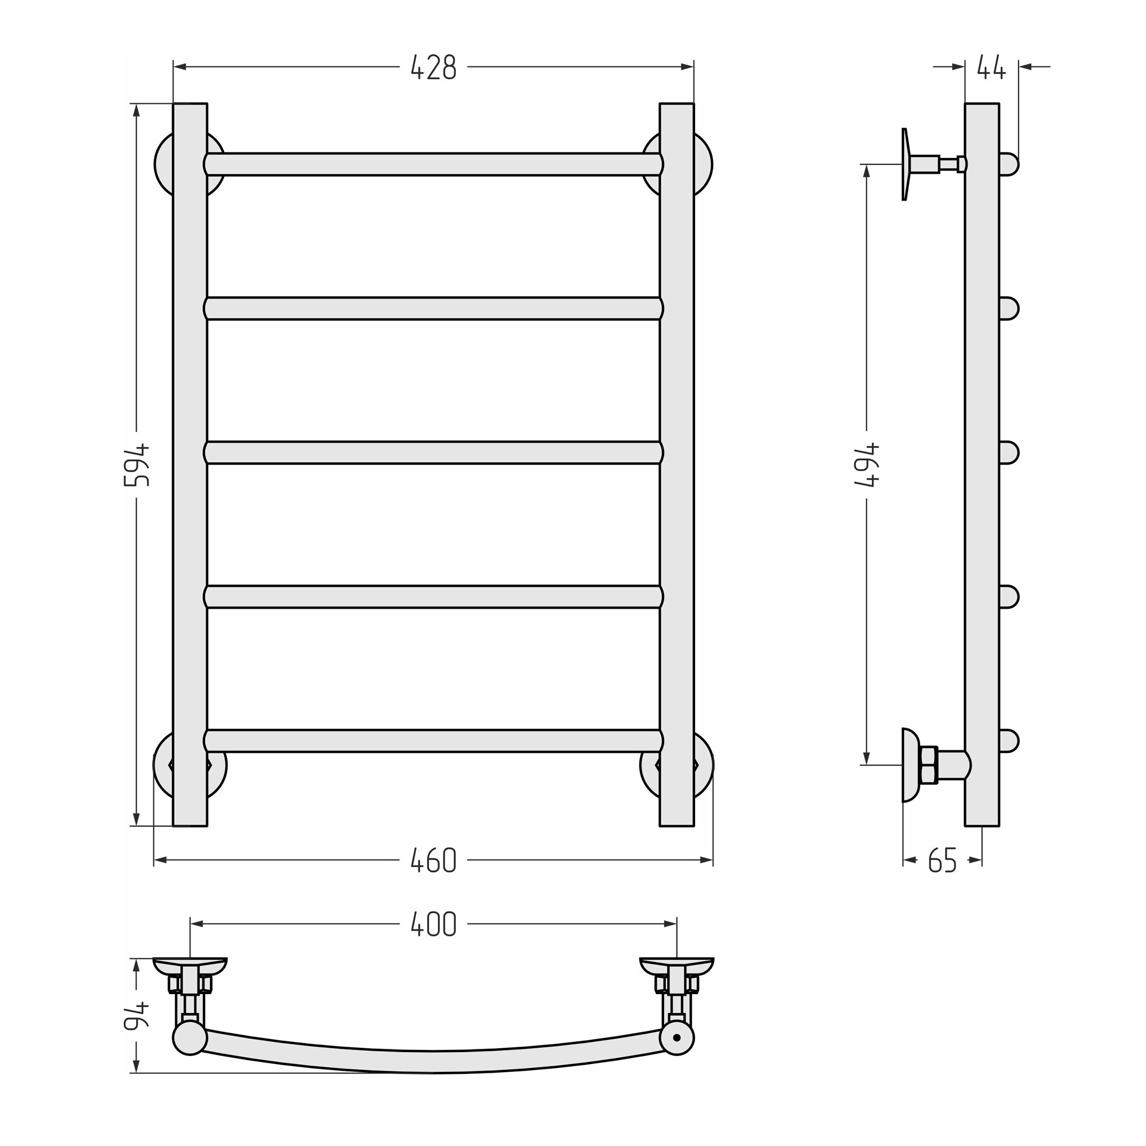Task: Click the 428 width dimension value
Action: (x=434, y=67)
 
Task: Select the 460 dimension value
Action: (x=434, y=860)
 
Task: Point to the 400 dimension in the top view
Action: (x=434, y=924)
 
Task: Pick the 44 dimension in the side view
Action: (x=992, y=67)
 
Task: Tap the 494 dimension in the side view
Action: (x=867, y=465)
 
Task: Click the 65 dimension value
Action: (x=943, y=860)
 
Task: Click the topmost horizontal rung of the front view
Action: (x=434, y=164)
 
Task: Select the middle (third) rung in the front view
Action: (x=434, y=453)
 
